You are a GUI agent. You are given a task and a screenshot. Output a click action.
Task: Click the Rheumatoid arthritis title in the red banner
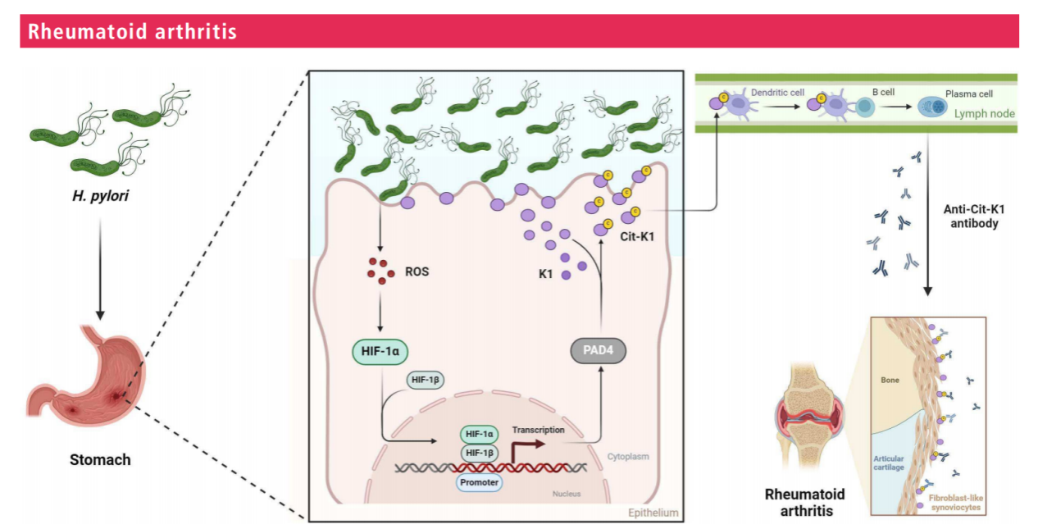point(132,32)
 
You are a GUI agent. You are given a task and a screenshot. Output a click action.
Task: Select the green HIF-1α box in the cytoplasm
point(380,351)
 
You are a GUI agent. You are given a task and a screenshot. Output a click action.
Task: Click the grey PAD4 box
point(603,351)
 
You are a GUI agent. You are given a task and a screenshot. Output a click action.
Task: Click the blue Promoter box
point(479,482)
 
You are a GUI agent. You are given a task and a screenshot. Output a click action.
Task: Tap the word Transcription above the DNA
point(539,429)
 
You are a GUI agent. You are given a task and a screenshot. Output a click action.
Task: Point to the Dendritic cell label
point(779,93)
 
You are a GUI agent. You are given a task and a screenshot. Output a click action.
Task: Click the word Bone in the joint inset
point(890,381)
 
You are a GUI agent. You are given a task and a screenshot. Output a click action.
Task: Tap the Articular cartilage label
point(889,463)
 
